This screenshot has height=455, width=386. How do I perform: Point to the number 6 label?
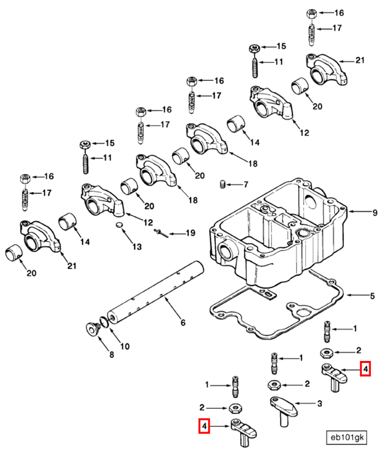point(183,322)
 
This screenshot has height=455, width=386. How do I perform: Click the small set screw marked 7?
point(222,184)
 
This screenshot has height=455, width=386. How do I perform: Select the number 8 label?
point(112,355)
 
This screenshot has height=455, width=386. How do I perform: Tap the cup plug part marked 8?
point(92,328)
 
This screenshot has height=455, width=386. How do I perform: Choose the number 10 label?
point(124,347)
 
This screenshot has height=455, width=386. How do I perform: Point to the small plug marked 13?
point(120,224)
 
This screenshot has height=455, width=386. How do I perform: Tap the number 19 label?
point(189,233)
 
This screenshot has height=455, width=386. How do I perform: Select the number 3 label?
point(319,404)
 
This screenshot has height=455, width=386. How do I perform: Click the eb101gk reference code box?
point(347,437)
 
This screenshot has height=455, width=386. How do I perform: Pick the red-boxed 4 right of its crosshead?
point(365,369)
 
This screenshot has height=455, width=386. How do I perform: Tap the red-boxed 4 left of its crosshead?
point(204,426)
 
